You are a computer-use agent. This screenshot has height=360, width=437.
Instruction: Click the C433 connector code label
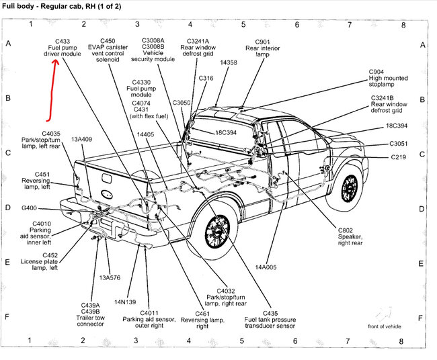63,41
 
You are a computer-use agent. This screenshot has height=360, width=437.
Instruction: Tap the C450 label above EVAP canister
108,41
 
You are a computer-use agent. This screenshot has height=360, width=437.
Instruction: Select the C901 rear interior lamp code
262,42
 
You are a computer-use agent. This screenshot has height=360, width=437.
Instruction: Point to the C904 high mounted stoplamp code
376,72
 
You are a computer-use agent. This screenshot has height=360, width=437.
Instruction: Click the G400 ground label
29,208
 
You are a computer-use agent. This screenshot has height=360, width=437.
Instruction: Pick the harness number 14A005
266,267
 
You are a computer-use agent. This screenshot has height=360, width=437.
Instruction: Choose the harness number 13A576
110,277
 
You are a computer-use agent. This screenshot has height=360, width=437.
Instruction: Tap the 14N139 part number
125,302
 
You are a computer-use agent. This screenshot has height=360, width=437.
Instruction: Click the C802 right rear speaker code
346,230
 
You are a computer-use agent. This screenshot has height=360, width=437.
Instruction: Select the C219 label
398,157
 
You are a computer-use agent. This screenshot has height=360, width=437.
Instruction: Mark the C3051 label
398,144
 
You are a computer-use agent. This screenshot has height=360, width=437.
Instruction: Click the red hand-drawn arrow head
56,62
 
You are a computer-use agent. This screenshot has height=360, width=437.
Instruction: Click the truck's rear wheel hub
217,231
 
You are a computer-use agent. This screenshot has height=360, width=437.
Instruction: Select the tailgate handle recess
107,178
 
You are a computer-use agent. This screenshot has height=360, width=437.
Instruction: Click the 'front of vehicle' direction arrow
384,314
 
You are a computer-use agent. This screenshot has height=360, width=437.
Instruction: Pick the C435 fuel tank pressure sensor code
270,313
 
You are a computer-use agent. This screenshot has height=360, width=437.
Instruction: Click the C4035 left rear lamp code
51,134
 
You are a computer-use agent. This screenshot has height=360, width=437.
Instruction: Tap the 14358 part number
229,62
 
